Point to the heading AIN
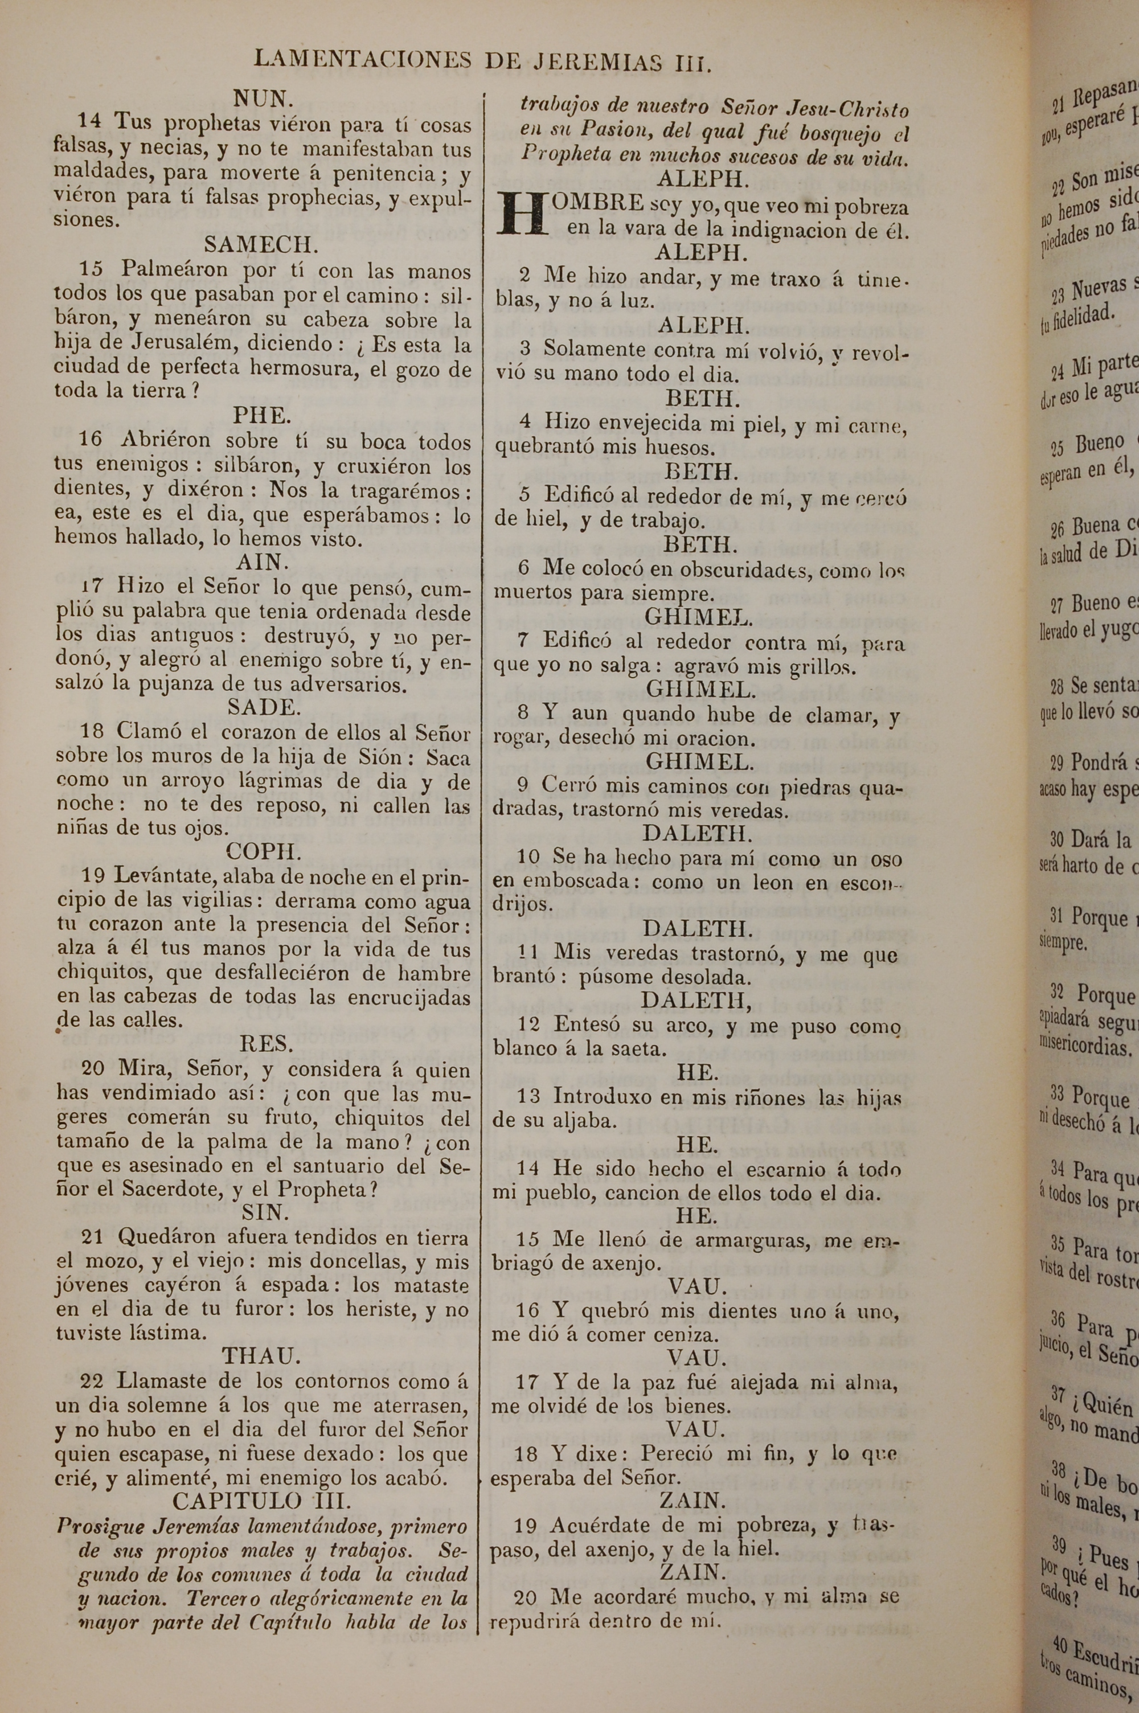(262, 562)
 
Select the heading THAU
(261, 1356)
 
